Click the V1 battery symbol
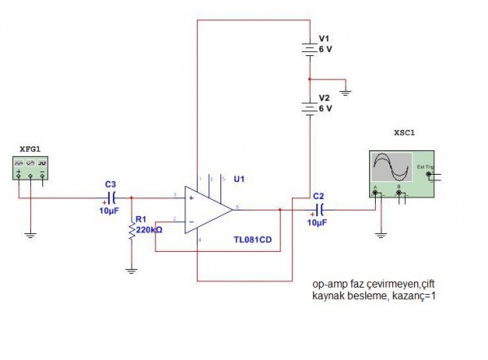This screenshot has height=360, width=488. pyautogui.click(x=309, y=50)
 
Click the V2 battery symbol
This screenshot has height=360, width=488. pyautogui.click(x=309, y=106)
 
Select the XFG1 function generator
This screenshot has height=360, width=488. pyautogui.click(x=31, y=169)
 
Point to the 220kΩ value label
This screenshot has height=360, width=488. pyautogui.click(x=149, y=230)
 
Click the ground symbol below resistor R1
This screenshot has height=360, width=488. pyautogui.click(x=131, y=269)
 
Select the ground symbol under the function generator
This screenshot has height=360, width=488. pyautogui.click(x=30, y=235)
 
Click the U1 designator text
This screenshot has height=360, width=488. pyautogui.click(x=239, y=178)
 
